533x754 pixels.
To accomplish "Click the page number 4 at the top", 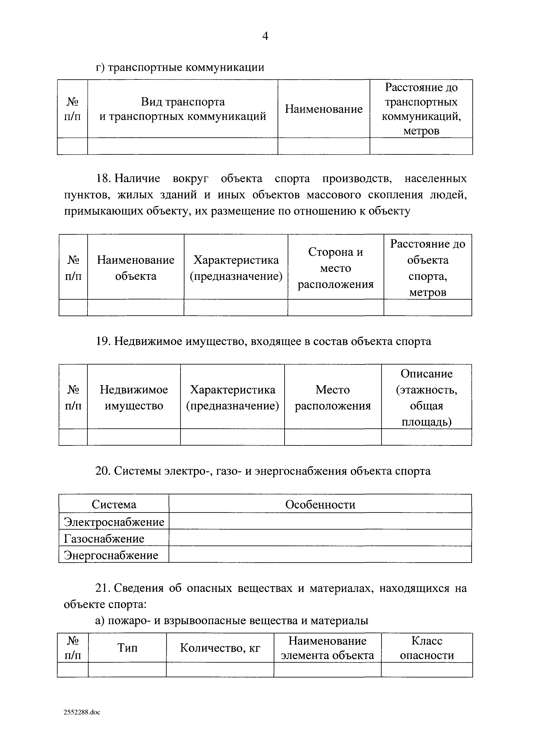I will coord(265,36).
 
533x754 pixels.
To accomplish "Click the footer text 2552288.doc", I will coord(82,712).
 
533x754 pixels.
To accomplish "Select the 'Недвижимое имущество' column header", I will coord(134,398).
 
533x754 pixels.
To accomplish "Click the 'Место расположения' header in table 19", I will coord(333,398).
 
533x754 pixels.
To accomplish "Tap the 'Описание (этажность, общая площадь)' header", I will coord(427,398).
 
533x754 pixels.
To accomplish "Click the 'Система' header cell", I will coord(114,504).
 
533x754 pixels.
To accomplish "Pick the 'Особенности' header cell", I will coord(320,504).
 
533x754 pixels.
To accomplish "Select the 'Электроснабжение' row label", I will coord(114,522).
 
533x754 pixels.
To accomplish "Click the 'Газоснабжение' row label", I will coord(104,539).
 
